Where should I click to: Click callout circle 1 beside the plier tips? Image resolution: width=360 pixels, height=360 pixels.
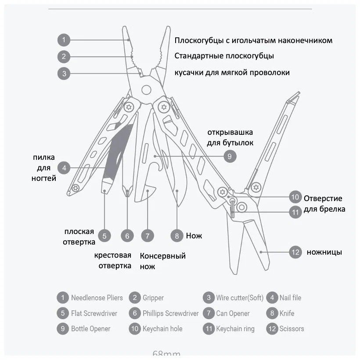64,40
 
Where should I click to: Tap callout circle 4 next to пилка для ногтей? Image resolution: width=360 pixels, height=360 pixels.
64,167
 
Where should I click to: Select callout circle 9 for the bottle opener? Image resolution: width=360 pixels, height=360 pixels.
229,156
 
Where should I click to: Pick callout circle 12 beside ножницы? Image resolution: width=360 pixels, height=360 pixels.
295,252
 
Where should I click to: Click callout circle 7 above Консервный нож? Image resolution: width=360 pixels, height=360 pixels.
148,235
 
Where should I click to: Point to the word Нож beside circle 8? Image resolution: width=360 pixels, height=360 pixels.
194,236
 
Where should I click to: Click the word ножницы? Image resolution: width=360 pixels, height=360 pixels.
324,252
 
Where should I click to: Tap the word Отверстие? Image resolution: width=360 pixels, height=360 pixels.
323,198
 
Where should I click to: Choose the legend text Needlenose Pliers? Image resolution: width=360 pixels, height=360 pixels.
97,298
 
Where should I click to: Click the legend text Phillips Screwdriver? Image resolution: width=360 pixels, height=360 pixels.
170,313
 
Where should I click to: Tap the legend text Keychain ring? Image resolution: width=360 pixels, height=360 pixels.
235,329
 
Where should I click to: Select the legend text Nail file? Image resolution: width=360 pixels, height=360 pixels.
290,298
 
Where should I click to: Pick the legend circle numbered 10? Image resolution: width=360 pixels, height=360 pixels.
134,329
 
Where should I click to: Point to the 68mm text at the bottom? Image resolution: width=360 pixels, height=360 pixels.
166,353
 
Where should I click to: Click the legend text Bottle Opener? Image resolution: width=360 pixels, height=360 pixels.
91,329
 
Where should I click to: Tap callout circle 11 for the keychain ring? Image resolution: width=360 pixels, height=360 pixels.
295,212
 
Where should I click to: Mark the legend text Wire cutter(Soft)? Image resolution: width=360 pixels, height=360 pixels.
240,298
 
